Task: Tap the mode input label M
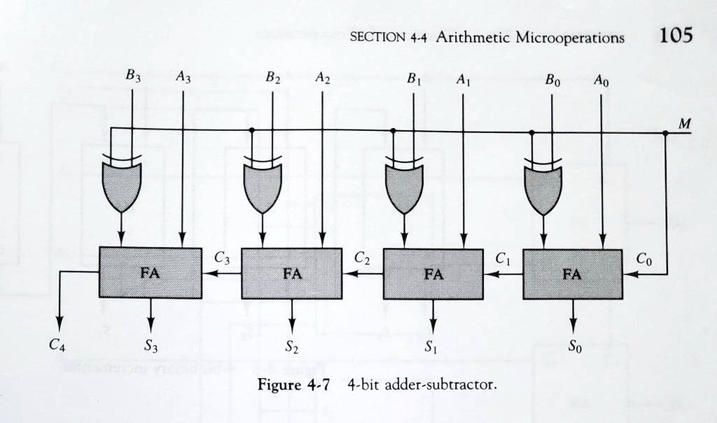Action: pyautogui.click(x=684, y=123)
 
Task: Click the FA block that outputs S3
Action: pyautogui.click(x=151, y=273)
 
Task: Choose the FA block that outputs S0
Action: pyautogui.click(x=573, y=274)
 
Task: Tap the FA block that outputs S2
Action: pyautogui.click(x=292, y=274)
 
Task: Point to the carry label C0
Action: pyautogui.click(x=644, y=258)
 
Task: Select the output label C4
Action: pyautogui.click(x=57, y=344)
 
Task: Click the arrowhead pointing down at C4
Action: pyautogui.click(x=60, y=324)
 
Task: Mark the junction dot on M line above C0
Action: pyautogui.click(x=665, y=132)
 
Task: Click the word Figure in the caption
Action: pyautogui.click(x=281, y=383)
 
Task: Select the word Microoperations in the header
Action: pyautogui.click(x=569, y=38)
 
